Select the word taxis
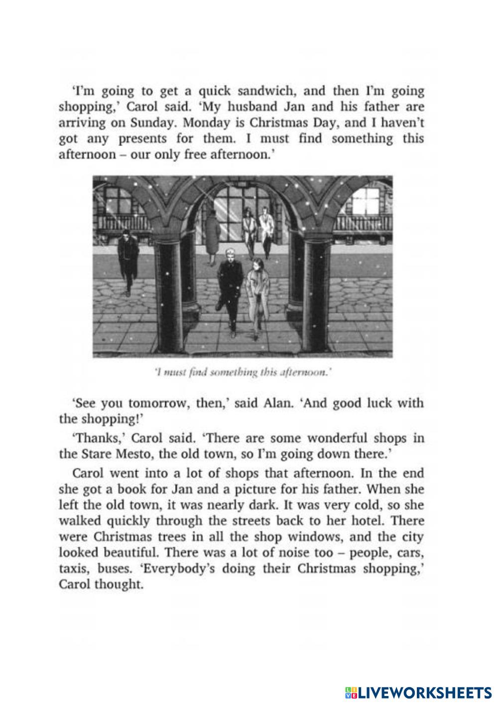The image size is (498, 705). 75,569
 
